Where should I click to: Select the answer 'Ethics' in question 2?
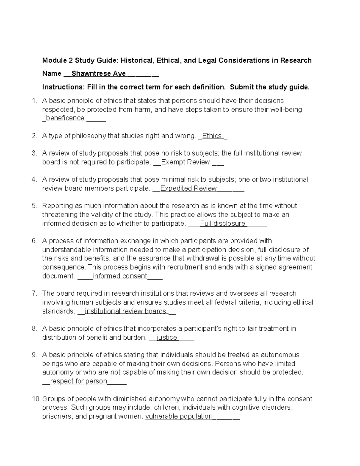point(212,136)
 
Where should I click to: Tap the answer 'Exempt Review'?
point(185,162)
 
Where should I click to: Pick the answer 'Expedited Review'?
point(188,188)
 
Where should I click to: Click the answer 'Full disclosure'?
point(223,224)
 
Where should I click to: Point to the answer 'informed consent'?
point(120,276)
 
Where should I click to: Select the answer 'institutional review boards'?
point(125,311)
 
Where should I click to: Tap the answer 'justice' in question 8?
point(167,338)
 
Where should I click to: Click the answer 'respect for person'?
point(79,381)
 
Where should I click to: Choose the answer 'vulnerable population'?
point(179,416)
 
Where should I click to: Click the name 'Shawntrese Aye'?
point(99,74)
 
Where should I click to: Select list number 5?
point(34,206)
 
